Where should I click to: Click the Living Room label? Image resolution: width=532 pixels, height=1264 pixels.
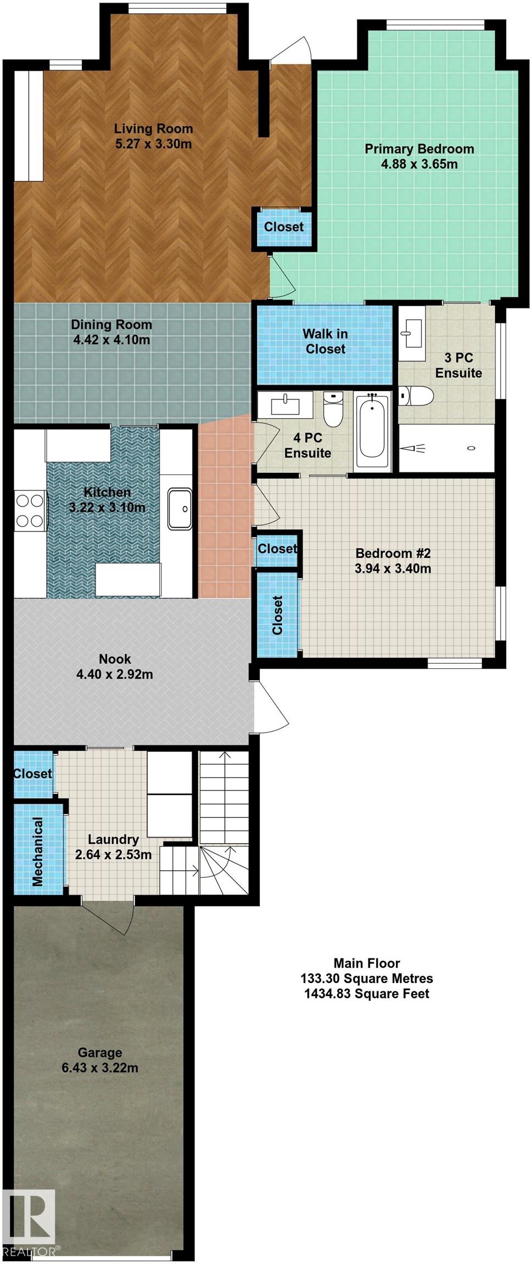[153, 128]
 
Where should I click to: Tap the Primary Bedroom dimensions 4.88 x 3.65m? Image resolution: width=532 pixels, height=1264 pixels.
[419, 164]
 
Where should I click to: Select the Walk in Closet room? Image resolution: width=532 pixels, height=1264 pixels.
[325, 342]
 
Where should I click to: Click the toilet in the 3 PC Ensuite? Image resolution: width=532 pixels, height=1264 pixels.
[416, 395]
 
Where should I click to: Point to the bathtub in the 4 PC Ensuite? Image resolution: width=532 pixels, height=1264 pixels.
[372, 432]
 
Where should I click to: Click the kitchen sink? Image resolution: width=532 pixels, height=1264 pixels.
[180, 509]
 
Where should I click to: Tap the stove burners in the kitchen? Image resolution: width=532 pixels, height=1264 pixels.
[30, 510]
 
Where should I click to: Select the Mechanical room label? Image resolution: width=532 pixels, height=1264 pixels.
[37, 851]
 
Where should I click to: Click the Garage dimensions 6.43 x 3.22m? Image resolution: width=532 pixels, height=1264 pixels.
[100, 1068]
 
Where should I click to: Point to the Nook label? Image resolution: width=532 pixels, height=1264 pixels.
[115, 658]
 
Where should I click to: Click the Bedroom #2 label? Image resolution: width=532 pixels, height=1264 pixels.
[393, 553]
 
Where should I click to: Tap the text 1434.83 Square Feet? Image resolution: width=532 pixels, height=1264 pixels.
[367, 994]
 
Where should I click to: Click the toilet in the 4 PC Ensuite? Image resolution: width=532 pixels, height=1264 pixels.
[333, 409]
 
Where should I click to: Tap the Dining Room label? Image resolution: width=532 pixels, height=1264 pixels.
[111, 324]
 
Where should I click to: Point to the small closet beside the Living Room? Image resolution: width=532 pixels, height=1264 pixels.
[284, 227]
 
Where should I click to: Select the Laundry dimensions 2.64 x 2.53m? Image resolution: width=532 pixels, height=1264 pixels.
[113, 855]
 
